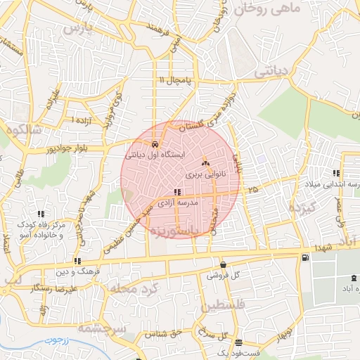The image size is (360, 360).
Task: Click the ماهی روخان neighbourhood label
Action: pos(270,10)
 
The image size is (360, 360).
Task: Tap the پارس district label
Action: pos(78,30)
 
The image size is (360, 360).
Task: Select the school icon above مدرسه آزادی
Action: pos(177,191)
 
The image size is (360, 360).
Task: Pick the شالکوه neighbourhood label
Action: pos(22,131)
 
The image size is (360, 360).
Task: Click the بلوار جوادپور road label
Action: pos(75,150)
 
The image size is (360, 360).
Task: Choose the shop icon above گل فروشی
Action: pos(223,265)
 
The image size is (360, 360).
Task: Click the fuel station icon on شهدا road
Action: pos(304,257)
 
